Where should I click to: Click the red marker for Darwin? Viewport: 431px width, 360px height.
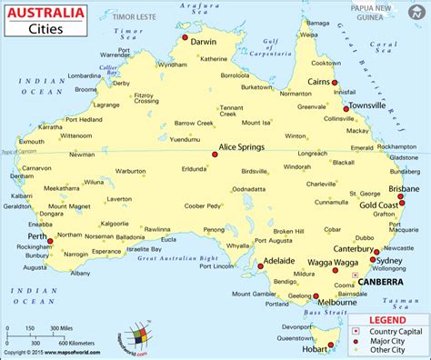coord(185,38)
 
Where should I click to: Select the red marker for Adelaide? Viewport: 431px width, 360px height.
coord(259,266)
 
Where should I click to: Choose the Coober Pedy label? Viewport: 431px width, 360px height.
coord(203,205)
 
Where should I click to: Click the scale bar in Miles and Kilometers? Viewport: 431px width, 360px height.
coord(42,333)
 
